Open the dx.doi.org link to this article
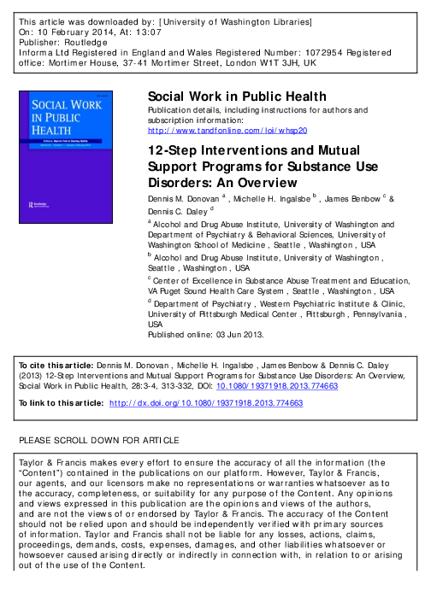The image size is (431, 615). click(x=206, y=402)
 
